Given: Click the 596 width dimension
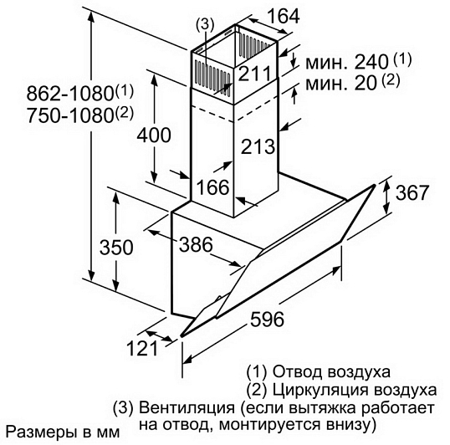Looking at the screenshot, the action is [267, 319].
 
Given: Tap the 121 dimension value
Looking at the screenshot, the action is [142, 348].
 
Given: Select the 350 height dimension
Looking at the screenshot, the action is [116, 247].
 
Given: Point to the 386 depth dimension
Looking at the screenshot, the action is [196, 244].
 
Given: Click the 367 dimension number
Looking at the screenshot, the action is [412, 192].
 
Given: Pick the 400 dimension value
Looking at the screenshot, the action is [154, 135].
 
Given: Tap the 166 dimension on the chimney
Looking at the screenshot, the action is [213, 187].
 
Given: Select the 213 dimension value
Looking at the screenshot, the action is [258, 146].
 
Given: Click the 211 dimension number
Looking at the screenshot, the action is [254, 73].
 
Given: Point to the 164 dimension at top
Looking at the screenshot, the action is [284, 16].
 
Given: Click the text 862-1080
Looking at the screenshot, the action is [69, 94].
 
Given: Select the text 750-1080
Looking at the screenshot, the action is [69, 115].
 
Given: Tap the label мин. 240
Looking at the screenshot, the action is [347, 62].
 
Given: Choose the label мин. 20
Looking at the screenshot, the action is [340, 84].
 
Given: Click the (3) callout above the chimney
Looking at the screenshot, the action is [205, 24].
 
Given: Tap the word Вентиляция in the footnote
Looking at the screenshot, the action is [187, 407].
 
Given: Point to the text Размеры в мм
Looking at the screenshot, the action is [63, 432].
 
